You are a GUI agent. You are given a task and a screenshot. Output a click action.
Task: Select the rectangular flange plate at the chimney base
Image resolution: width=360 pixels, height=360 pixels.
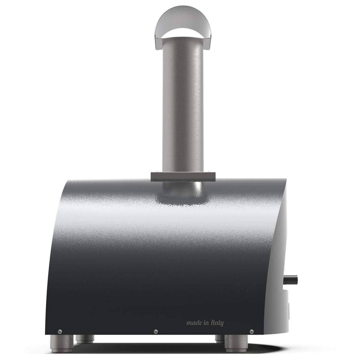(x=183, y=176)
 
